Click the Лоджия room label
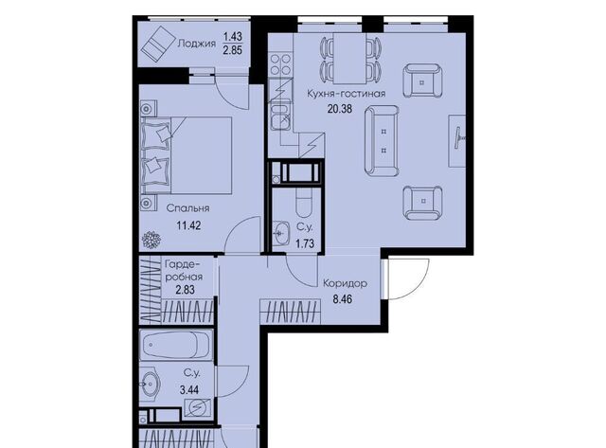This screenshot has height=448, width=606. coord(196,44)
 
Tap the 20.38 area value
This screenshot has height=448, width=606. coord(340,109)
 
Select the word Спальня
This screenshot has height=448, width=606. coord(187,208)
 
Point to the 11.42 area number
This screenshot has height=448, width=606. coord(188,225)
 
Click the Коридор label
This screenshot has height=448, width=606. coord(345,283)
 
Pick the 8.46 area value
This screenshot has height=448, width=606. coord(343,299)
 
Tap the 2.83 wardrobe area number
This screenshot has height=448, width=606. coord(186,290)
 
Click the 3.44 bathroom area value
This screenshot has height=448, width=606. coord(189,389)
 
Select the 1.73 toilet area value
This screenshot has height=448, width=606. coord(305,244)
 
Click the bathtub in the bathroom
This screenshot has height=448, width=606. coord(176,345)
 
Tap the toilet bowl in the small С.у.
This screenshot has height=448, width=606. coord(304,204)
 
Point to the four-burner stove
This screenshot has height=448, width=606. coord(280,64)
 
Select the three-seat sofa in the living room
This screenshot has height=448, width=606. coord(382,141)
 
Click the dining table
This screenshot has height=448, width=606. coord(349,58)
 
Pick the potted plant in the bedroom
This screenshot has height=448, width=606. coord(151,240)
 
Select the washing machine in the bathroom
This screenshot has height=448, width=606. coord(198,407)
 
